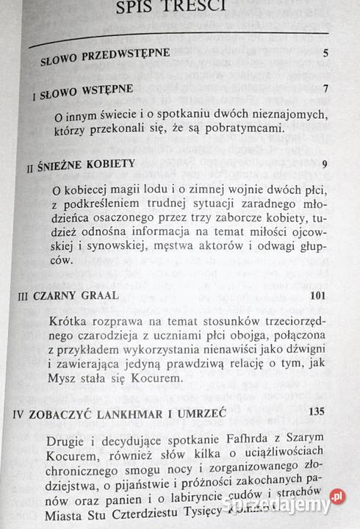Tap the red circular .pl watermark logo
tap(337, 497)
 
